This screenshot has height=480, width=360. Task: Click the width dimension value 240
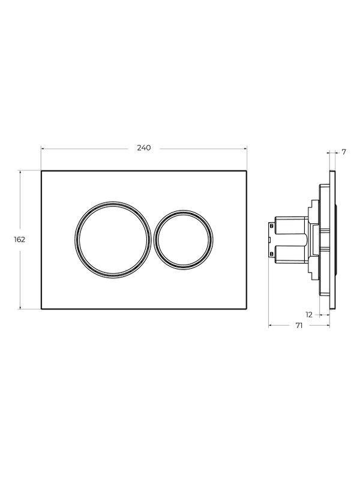pos(144,148)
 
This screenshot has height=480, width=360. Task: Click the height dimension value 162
pos(19,239)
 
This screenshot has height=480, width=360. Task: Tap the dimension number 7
pos(344,152)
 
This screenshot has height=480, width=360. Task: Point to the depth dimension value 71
pos(298,326)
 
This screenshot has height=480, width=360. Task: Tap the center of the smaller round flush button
pos(184,239)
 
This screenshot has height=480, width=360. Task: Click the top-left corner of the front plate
pos(41,170)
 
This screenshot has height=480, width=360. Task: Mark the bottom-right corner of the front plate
pos(247,309)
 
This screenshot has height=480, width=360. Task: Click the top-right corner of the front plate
pos(247,170)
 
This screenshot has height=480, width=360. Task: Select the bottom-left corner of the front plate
pos(41,309)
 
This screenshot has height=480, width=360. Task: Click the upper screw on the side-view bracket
pos(271,225)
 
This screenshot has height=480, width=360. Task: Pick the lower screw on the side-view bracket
pos(271,254)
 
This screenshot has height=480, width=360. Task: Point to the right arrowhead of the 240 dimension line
pos(245,148)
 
